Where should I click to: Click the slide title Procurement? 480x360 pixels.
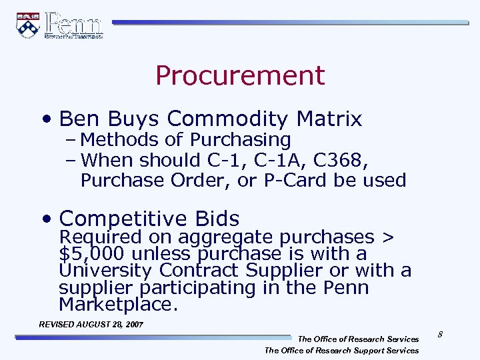click(x=240, y=76)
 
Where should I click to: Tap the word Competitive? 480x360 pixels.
click(x=124, y=219)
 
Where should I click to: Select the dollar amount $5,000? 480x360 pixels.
click(x=93, y=254)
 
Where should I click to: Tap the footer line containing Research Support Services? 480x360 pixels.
click(x=341, y=350)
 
